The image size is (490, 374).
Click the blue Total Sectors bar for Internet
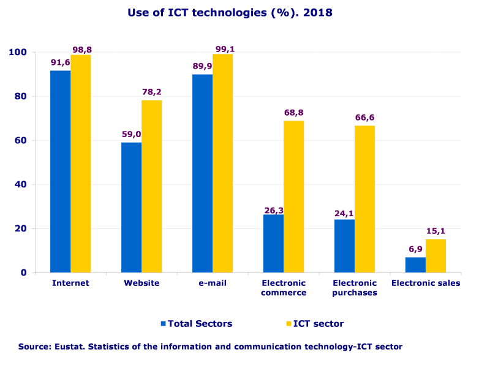pos(60,171)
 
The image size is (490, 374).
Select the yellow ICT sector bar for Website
pos(151,186)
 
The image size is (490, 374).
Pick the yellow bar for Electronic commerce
pos(293,196)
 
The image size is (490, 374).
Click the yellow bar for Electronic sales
pos(435,256)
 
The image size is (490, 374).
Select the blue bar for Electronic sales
pos(415,264)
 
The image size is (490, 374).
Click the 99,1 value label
pos(223,48)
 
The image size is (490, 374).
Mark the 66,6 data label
pos(364,117)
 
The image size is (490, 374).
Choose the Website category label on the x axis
pos(141,283)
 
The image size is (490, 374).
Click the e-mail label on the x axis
pos(212,283)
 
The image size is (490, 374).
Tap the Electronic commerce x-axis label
pos(284,288)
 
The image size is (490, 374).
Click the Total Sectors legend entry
pos(200,323)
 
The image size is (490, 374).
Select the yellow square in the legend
pos(288,323)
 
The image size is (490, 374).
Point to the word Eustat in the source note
pos(69,346)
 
